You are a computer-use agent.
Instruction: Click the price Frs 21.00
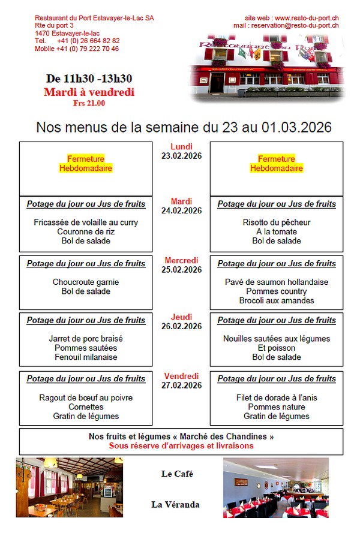[x=89, y=103]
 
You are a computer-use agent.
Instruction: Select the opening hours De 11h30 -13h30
[x=89, y=79]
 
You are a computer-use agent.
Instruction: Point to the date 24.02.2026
[x=181, y=210]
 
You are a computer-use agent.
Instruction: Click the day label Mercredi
[x=181, y=260]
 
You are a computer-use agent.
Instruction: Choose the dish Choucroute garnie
[x=86, y=282]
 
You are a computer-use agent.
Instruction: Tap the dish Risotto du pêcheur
[x=277, y=222]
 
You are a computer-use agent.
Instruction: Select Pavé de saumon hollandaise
[x=277, y=282]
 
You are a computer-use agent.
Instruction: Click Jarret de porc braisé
[x=86, y=339]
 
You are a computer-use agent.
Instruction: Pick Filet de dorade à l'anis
[x=277, y=398]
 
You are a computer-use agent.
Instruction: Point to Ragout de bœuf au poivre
[x=86, y=398]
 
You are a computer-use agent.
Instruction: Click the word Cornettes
[x=86, y=406]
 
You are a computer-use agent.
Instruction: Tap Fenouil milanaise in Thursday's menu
[x=86, y=357]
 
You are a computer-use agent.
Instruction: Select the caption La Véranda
[x=175, y=505]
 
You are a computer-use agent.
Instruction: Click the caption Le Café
[x=177, y=474]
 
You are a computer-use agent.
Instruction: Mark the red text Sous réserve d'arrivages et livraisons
[x=181, y=445]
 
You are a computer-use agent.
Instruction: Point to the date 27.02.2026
[x=181, y=386]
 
